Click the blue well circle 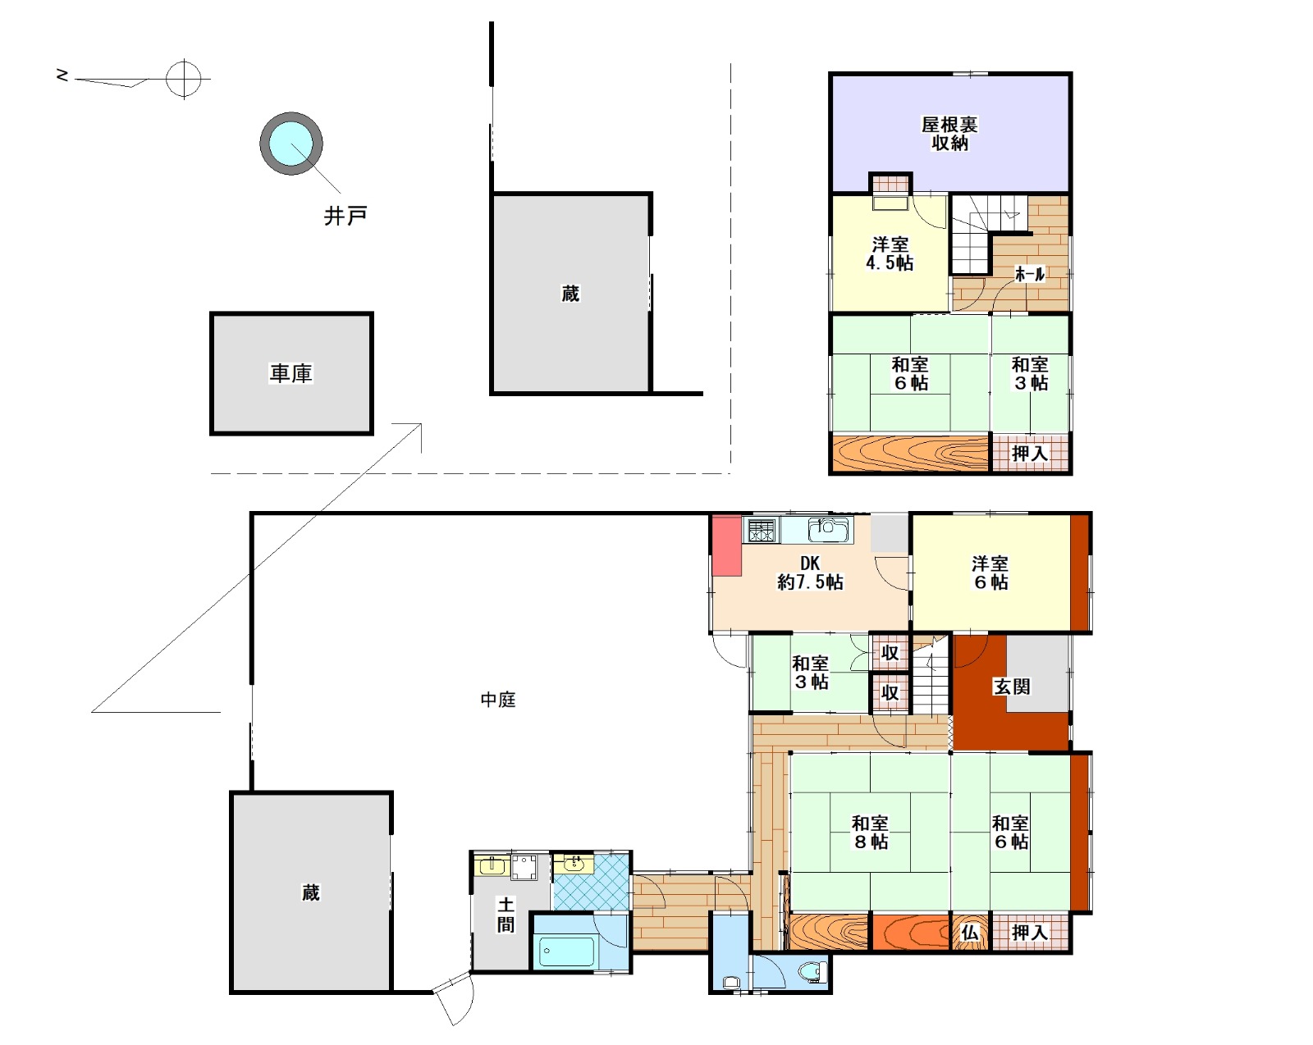click(x=291, y=144)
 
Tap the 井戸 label click(x=345, y=216)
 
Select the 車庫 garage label click(x=291, y=373)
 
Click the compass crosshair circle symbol click(x=184, y=79)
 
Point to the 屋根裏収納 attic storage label click(x=949, y=134)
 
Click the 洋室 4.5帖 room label click(x=890, y=253)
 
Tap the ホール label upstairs click(x=1030, y=274)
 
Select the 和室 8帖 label click(x=870, y=832)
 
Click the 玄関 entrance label click(x=1012, y=687)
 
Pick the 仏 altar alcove click(x=970, y=933)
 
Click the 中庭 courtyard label click(x=498, y=699)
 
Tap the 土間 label click(x=506, y=915)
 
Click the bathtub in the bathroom click(x=566, y=952)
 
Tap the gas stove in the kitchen click(x=762, y=530)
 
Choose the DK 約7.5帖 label click(x=810, y=573)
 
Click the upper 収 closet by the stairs click(x=890, y=653)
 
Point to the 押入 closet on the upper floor click(x=1030, y=454)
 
